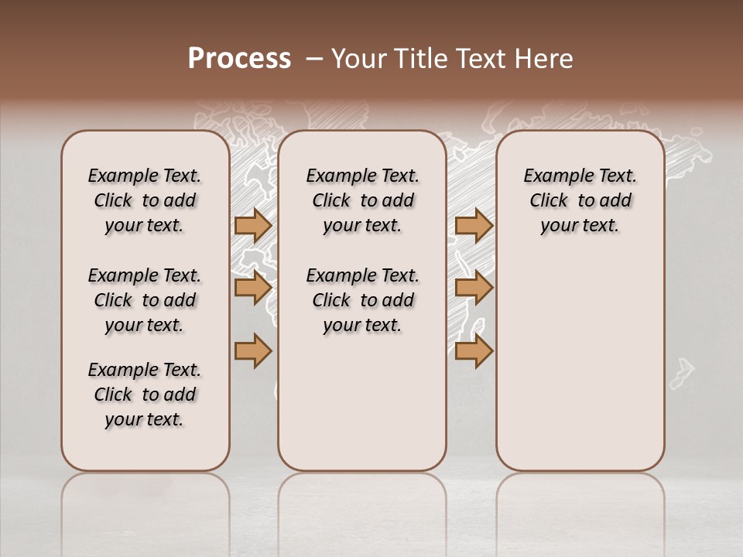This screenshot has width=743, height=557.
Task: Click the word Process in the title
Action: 239,59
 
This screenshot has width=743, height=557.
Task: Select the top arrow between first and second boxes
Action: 252,225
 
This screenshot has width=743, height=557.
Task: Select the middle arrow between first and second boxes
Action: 252,288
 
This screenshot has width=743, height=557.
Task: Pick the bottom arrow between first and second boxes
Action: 252,351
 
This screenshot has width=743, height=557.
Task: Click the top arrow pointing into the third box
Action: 474,225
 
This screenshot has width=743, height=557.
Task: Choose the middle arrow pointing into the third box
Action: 474,288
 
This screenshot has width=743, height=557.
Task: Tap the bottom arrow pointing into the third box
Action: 474,351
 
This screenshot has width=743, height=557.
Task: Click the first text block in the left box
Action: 145,200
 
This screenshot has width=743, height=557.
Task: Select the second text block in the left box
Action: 145,300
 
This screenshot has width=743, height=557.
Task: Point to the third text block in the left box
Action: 145,395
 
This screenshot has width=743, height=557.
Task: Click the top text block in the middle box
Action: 362,200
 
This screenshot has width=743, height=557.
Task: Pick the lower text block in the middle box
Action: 362,300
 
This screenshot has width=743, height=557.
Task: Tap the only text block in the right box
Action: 580,200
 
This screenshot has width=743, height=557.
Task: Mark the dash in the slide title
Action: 314,59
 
